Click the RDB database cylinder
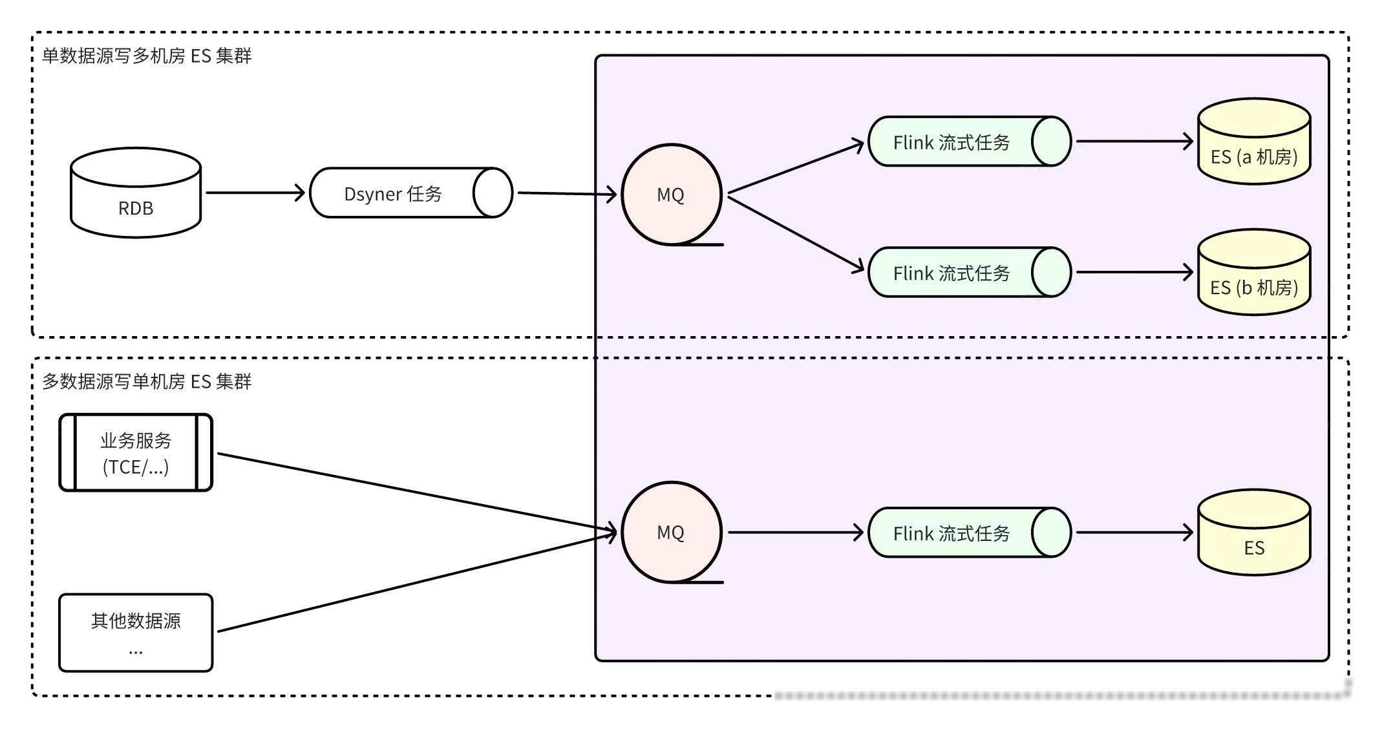136,193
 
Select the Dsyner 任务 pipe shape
411,193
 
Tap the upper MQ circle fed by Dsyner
672,195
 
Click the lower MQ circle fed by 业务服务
672,532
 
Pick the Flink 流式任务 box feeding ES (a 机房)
970,142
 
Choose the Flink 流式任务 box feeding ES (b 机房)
970,272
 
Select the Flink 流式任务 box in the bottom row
970,533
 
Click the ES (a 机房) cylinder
1254,142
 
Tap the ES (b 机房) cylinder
1254,272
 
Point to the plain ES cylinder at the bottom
1254,533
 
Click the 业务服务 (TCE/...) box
136,452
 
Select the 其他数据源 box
136,633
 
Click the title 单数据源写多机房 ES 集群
147,56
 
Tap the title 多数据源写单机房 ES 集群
147,381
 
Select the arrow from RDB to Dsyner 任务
255,193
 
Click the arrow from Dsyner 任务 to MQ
568,193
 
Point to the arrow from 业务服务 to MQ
418,493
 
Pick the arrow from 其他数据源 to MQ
418,582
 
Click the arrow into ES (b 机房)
1134,272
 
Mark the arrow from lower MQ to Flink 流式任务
796,533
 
